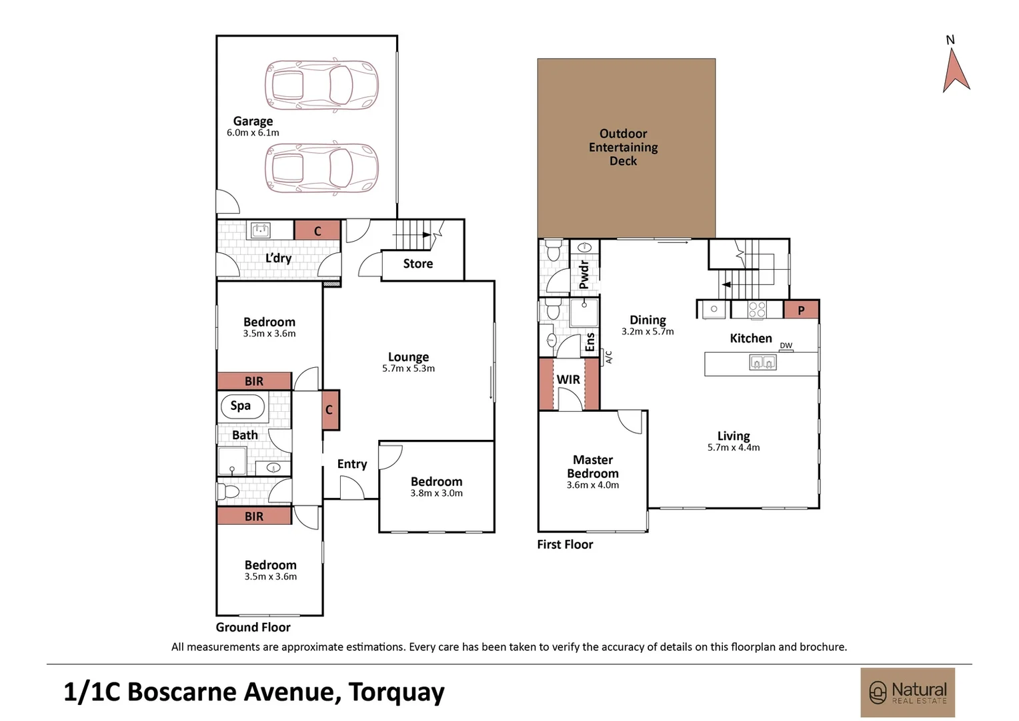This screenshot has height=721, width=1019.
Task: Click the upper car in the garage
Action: pyautogui.click(x=321, y=85)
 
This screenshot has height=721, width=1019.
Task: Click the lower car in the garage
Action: pyautogui.click(x=321, y=168)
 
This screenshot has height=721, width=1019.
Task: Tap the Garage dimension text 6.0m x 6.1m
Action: pyautogui.click(x=253, y=133)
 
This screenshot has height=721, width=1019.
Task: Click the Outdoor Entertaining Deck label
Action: pyautogui.click(x=623, y=147)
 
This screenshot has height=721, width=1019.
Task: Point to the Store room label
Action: pyautogui.click(x=417, y=264)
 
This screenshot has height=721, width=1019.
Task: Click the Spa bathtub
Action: pyautogui.click(x=241, y=406)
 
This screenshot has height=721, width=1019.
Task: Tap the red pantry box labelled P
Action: pyautogui.click(x=801, y=310)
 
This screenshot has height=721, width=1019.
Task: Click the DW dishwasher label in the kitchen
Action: pyautogui.click(x=786, y=346)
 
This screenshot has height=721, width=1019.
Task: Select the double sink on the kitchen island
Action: pyautogui.click(x=762, y=363)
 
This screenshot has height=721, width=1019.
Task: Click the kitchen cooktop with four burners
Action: pyautogui.click(x=757, y=310)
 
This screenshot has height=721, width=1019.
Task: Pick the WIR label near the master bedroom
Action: pyautogui.click(x=568, y=379)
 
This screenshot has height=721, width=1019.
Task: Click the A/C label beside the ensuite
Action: pyautogui.click(x=608, y=357)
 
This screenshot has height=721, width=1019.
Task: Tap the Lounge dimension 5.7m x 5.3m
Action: pyautogui.click(x=408, y=369)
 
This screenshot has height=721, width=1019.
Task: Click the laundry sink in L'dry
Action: pyautogui.click(x=260, y=231)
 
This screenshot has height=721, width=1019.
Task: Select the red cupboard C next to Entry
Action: pyautogui.click(x=329, y=409)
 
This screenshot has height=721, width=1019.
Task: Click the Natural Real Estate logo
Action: pyautogui.click(x=907, y=692)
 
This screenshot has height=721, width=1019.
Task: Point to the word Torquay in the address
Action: pyautogui.click(x=396, y=692)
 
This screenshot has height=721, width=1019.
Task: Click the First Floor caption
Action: pyautogui.click(x=565, y=545)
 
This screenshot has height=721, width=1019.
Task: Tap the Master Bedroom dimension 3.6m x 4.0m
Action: pyautogui.click(x=592, y=485)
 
